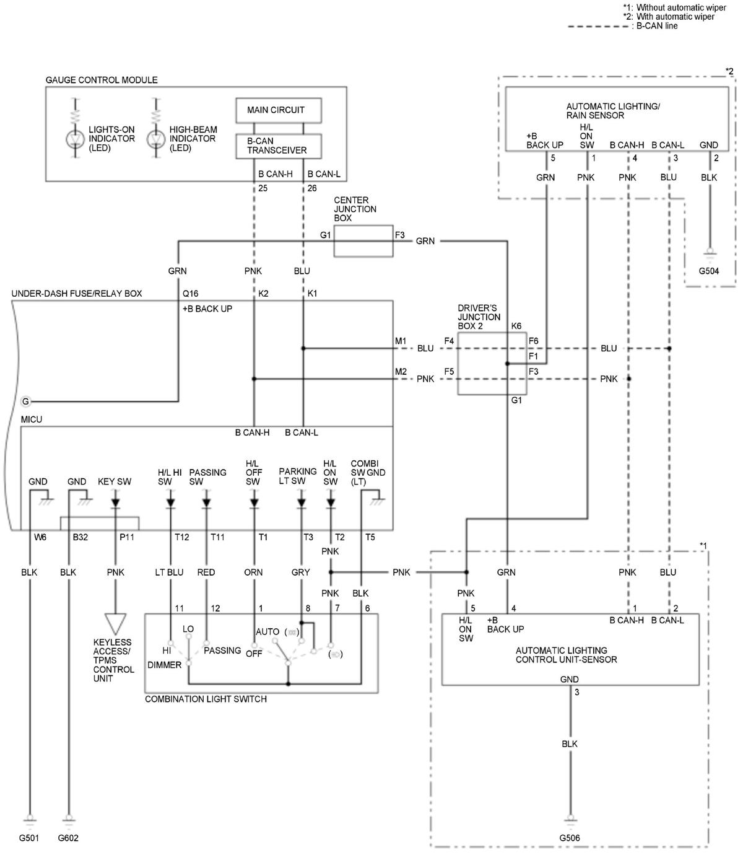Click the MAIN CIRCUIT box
point(279,110)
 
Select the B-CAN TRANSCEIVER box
point(279,146)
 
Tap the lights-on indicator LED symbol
point(76,139)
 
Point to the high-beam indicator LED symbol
point(156,139)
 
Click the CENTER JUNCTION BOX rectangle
point(363,241)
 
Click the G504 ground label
point(709,271)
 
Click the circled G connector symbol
point(26,401)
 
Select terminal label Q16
point(191,293)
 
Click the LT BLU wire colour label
point(169,572)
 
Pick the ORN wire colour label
point(253,572)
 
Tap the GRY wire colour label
point(301,572)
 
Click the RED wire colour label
point(206,572)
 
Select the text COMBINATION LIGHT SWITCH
point(206,699)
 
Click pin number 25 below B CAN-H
point(263,188)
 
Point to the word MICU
point(32,419)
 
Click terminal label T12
point(181,537)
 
